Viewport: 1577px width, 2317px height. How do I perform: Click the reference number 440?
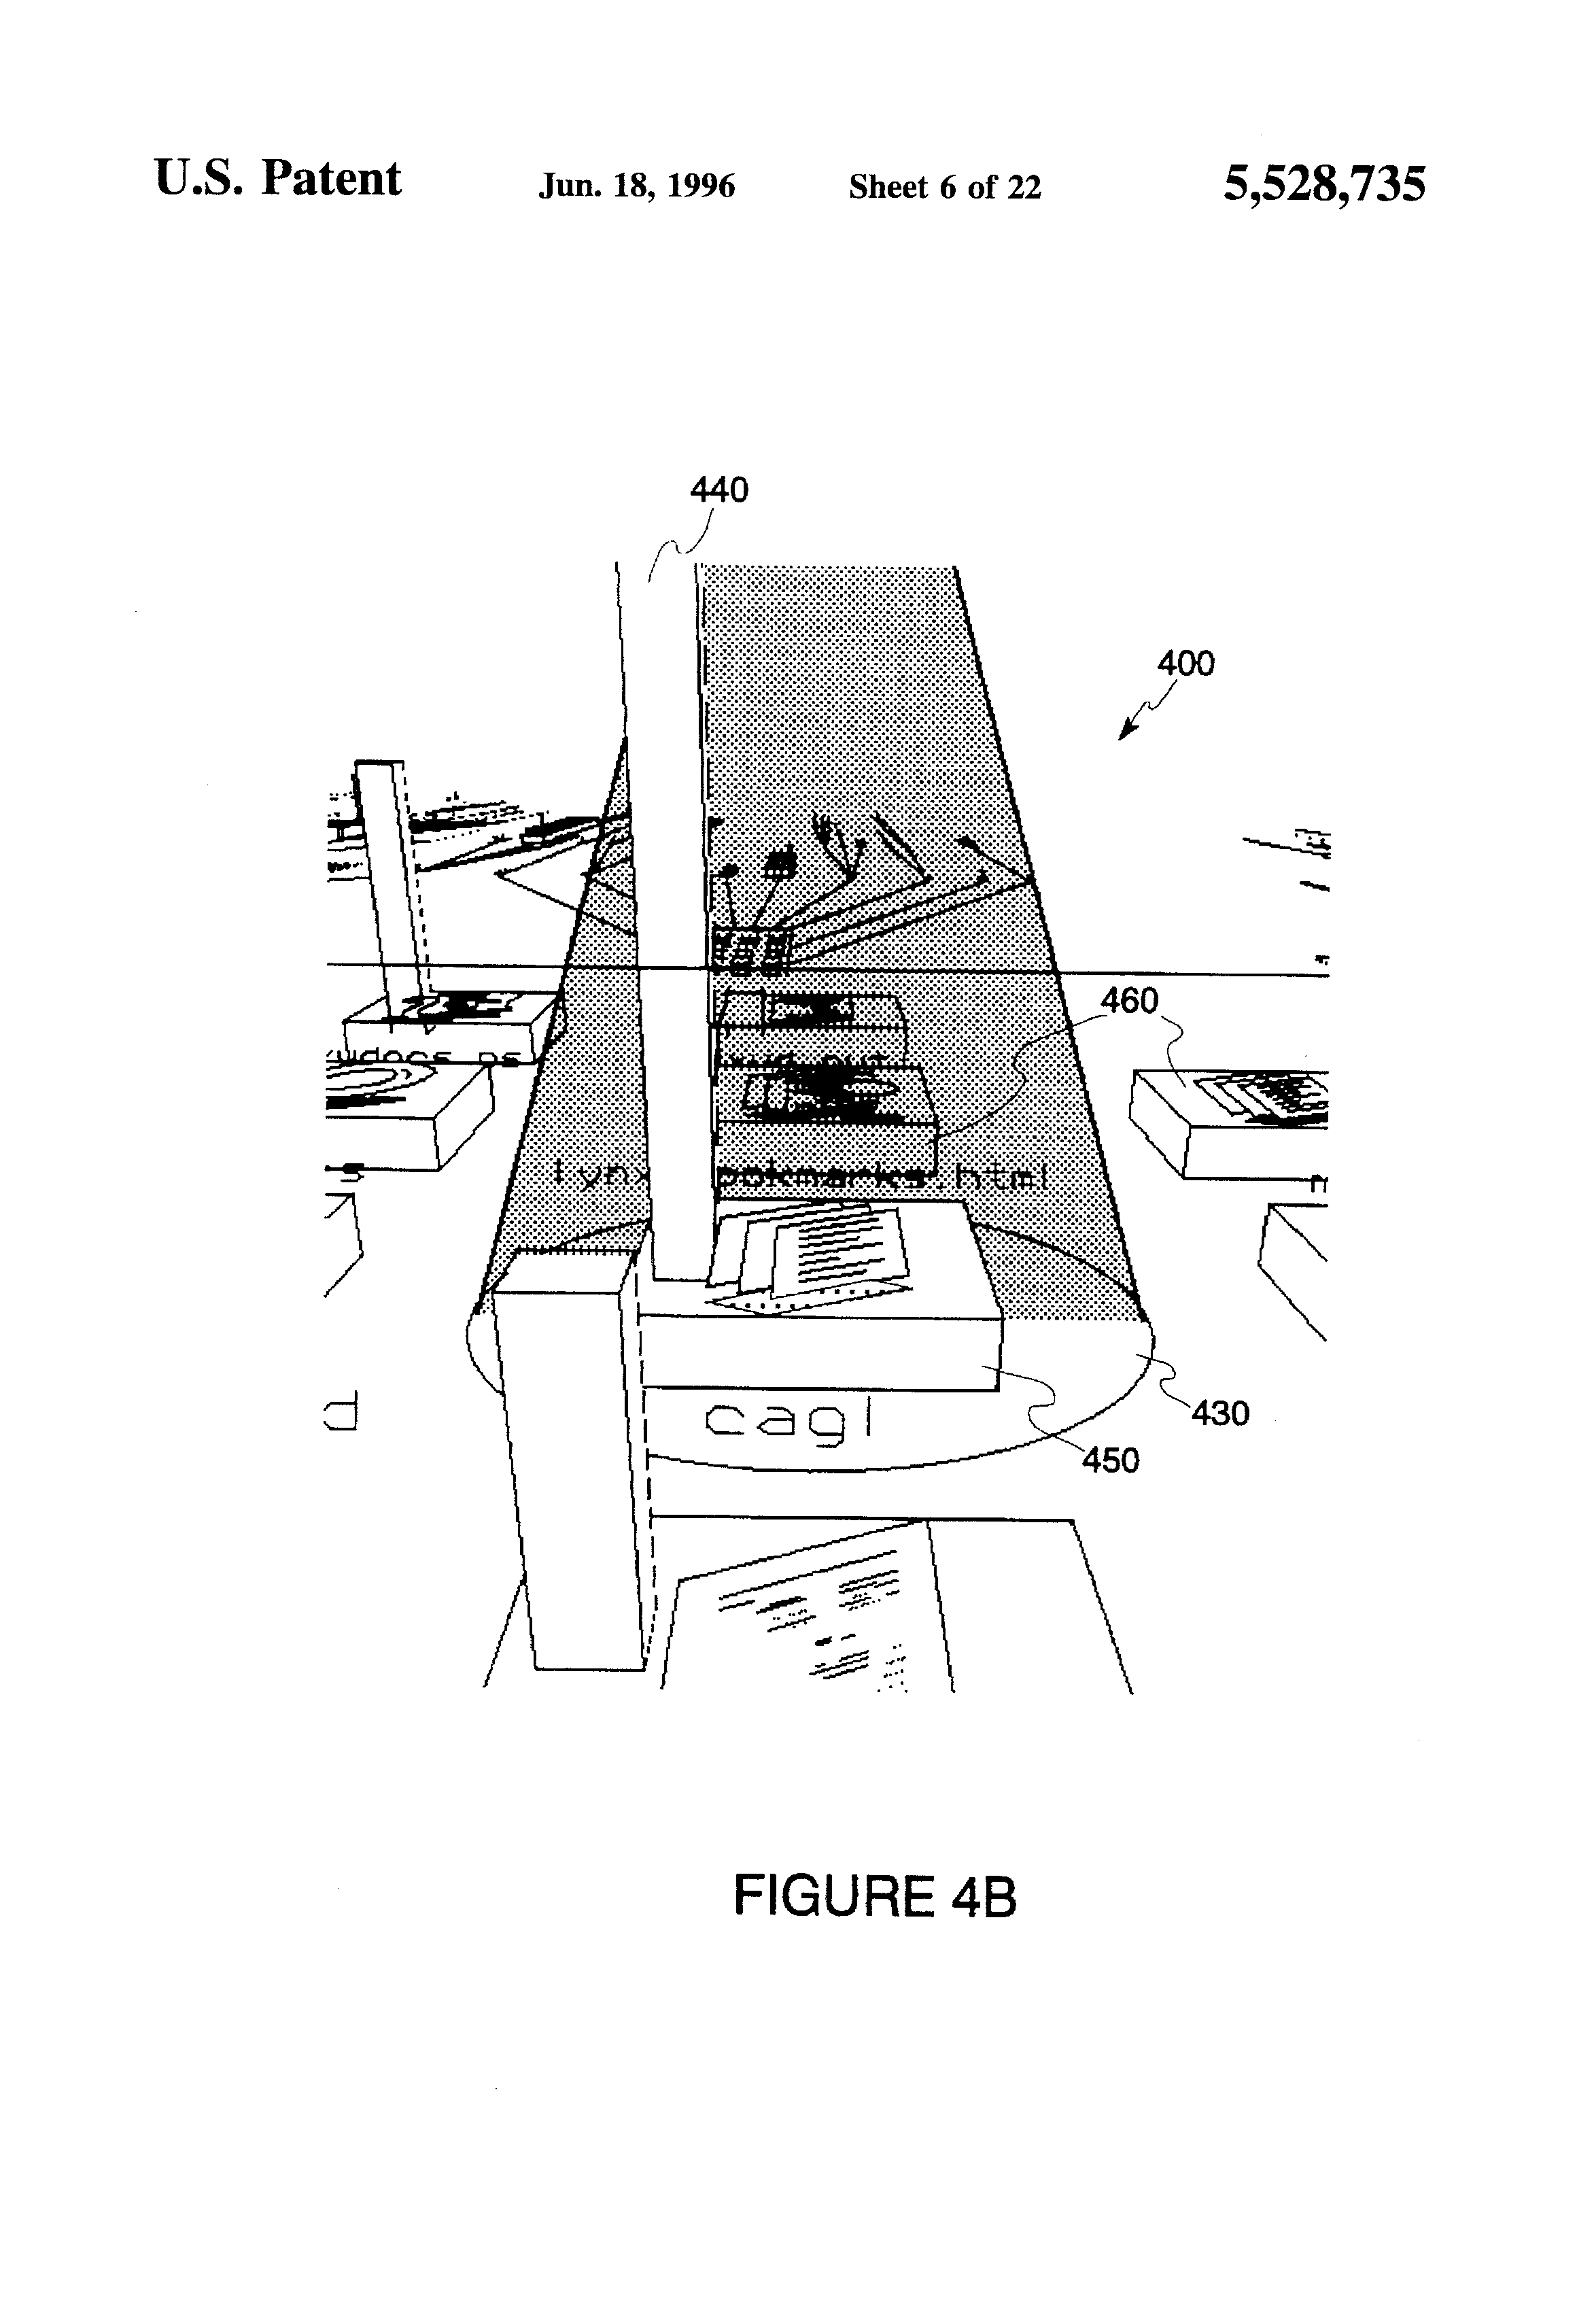[718, 490]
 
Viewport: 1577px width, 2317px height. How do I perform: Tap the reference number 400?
[1185, 663]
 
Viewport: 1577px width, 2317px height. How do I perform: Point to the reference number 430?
[1220, 1413]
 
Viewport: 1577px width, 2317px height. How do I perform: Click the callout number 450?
[1111, 1460]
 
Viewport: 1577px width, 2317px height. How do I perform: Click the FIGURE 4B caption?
[874, 1895]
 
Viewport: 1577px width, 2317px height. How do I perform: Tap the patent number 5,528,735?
[1324, 184]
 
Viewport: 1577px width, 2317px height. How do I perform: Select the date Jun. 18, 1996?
[637, 186]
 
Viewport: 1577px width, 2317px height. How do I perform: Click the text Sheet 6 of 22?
[944, 186]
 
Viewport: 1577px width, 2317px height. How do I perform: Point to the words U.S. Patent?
[278, 179]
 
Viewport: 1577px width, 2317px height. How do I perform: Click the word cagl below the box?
[788, 1420]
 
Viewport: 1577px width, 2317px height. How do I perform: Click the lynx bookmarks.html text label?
[797, 1176]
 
